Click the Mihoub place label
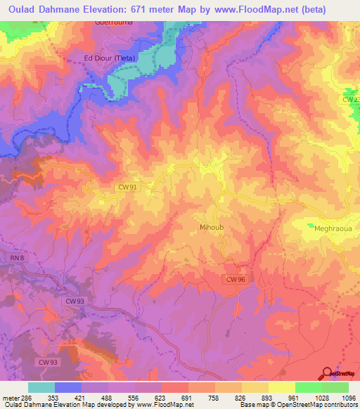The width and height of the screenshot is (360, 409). pos(212,228)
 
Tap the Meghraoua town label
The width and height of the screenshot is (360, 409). pos(330,228)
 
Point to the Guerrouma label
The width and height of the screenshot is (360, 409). pos(113,22)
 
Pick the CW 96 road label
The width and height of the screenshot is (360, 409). pos(236,280)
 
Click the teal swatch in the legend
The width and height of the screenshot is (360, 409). pos(41,387)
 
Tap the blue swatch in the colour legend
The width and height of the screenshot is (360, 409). pos(68,387)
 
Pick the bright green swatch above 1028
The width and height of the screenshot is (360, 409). pos(309,387)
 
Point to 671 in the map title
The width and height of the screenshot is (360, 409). pos(160,9)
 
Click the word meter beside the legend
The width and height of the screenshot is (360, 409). pos(9,397)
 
